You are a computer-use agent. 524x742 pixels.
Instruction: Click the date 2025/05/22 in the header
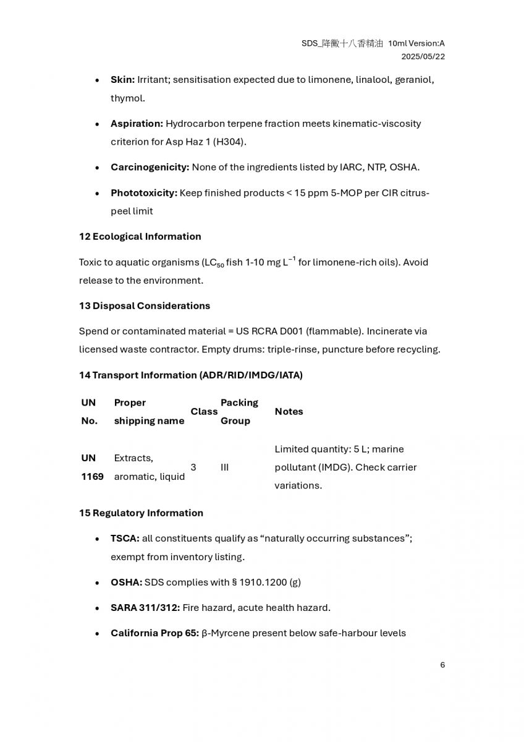pos(423,56)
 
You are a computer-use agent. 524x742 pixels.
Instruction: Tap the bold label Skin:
pos(122,80)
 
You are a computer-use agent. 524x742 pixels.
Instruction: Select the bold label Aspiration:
pos(137,124)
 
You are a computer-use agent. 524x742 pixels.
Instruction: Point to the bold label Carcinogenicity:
pos(150,167)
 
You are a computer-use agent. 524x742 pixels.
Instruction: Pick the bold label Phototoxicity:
pos(143,193)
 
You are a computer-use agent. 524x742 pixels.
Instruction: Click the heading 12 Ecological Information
pos(140,236)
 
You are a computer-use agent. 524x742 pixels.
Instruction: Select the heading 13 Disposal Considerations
pos(144,305)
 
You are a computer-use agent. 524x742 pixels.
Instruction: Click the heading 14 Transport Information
pos(190,375)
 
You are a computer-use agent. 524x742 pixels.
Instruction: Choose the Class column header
pos(204,411)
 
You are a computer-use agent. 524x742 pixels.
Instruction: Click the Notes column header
pos(289,411)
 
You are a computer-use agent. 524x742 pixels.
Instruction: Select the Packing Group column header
pos(239,411)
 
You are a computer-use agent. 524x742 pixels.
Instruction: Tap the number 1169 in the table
pos(92,477)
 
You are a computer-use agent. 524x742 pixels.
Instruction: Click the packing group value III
pos(224,467)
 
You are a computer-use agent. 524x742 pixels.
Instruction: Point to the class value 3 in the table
pos(193,467)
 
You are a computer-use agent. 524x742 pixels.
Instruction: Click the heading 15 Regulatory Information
pos(141,513)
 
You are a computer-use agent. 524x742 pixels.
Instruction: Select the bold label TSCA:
pos(125,539)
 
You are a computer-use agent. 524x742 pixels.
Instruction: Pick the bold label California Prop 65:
pos(154,633)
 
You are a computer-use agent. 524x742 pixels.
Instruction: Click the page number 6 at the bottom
pos(442,665)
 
